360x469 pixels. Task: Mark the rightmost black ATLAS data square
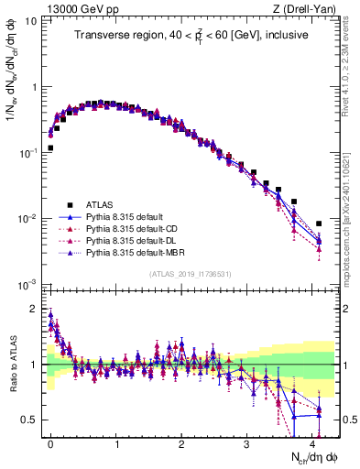(319, 224)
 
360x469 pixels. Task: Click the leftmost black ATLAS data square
(51, 147)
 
